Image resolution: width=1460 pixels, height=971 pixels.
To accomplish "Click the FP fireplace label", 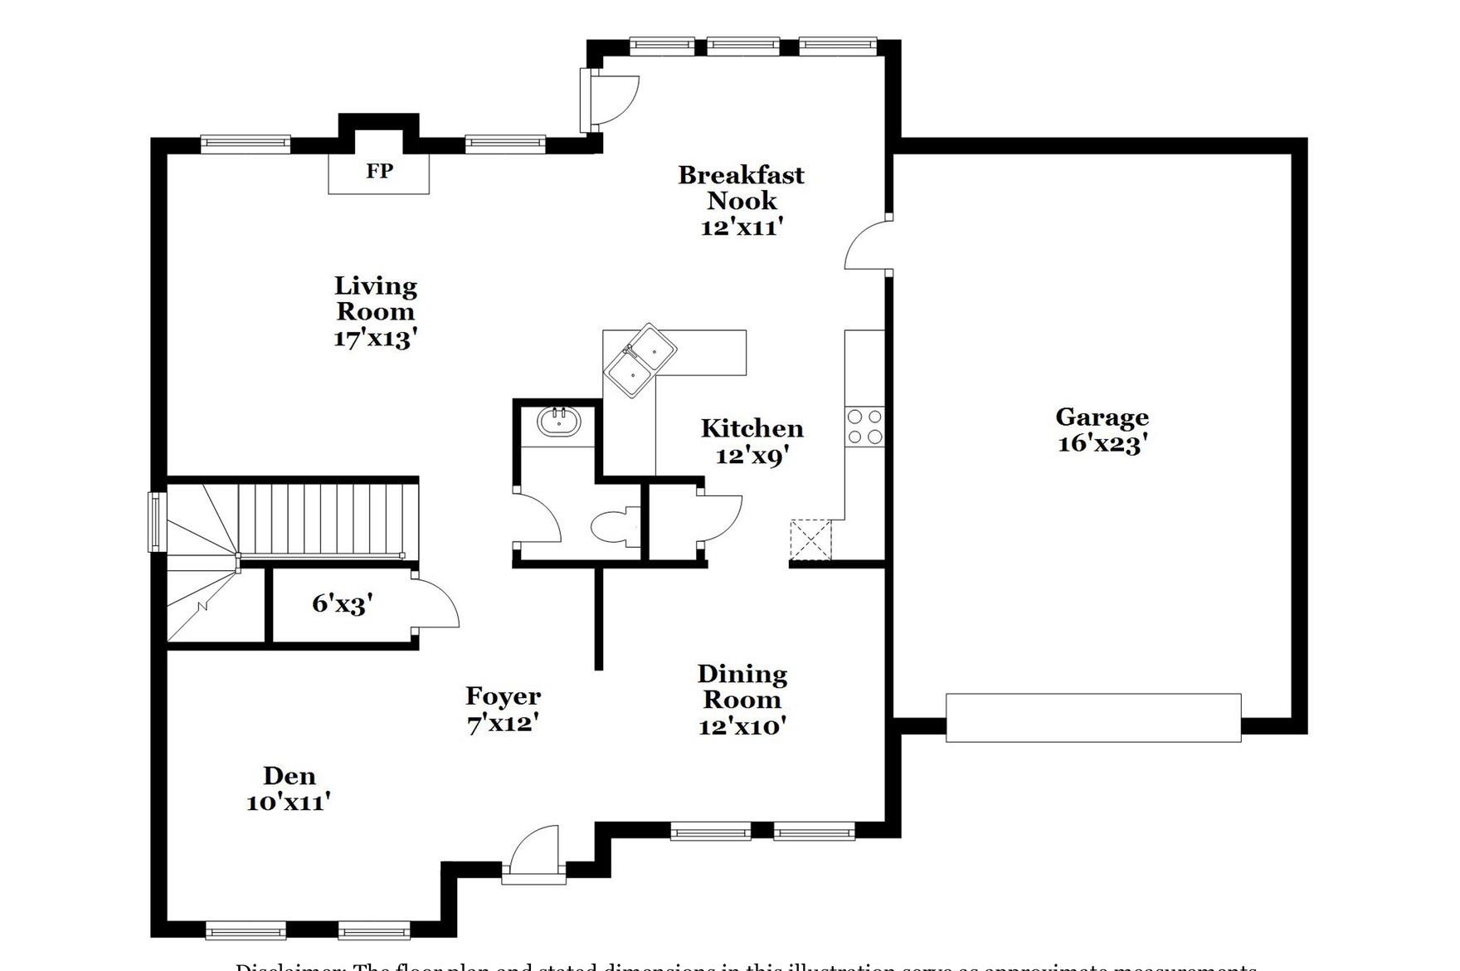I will click(x=379, y=171).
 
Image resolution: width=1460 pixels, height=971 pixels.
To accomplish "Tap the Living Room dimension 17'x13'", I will click(x=375, y=339).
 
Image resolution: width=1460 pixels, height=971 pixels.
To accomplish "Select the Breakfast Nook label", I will click(x=741, y=188).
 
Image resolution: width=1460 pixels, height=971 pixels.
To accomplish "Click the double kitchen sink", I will click(x=640, y=360).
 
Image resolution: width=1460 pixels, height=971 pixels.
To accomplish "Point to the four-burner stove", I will click(x=864, y=427).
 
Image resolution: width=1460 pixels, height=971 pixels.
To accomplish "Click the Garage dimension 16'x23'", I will click(x=1102, y=443).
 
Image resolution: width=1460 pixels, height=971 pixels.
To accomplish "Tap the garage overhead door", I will click(x=1093, y=717).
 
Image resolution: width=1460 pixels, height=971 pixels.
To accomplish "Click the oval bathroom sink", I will click(x=558, y=422).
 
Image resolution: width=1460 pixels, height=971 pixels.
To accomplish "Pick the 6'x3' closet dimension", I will click(x=343, y=604).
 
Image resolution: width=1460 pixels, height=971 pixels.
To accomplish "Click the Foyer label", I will click(x=503, y=696).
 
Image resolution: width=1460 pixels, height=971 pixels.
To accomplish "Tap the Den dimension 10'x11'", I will click(x=289, y=803).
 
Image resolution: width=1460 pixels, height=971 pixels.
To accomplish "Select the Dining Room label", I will click(x=742, y=686).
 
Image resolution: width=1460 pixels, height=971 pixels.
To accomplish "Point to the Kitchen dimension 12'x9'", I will click(x=752, y=455).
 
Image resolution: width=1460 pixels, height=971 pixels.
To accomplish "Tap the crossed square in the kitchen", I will click(x=810, y=539).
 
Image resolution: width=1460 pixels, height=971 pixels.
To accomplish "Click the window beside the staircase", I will click(x=157, y=521).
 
